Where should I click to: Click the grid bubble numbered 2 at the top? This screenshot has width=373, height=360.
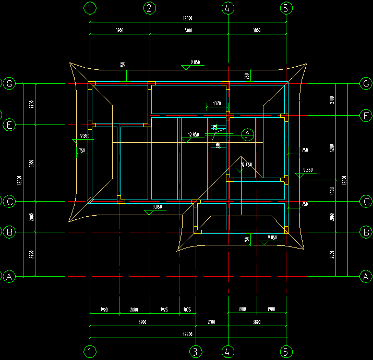(x=149, y=8)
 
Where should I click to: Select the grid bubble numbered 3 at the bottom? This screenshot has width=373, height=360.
(x=195, y=351)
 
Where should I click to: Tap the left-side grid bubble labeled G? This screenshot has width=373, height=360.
(x=9, y=83)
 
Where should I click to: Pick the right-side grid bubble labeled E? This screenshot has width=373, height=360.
(x=366, y=115)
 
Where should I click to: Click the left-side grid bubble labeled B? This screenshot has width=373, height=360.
(x=9, y=232)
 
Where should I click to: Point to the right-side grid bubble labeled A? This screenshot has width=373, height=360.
(x=366, y=276)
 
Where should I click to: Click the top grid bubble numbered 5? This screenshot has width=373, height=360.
(x=286, y=8)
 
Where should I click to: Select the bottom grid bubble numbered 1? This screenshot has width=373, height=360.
(x=90, y=351)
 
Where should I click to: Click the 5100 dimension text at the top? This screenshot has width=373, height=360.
(x=188, y=31)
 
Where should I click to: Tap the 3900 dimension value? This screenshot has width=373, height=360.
(x=119, y=31)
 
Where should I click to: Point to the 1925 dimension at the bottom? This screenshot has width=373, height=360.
(x=164, y=310)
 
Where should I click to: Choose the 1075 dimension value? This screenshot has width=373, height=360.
(x=187, y=310)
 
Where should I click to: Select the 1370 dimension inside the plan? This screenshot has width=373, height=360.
(x=217, y=104)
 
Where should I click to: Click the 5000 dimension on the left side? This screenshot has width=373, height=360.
(x=32, y=163)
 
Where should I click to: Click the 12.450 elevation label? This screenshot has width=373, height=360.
(x=246, y=165)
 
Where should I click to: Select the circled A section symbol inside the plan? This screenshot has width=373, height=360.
(x=246, y=135)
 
